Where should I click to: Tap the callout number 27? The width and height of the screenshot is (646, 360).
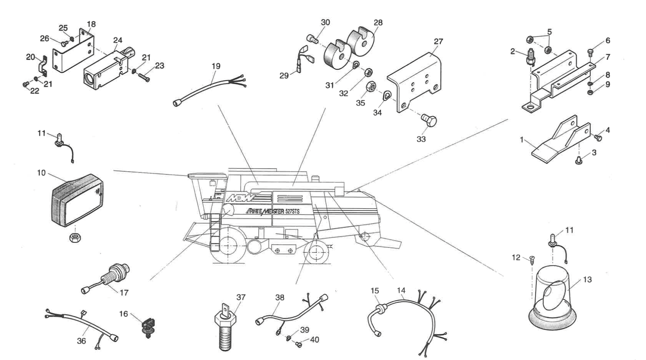click(x=439, y=42)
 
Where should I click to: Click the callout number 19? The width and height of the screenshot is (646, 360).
click(x=216, y=66)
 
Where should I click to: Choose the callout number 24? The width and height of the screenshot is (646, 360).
click(x=117, y=40)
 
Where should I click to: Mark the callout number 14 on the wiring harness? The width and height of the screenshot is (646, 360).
click(x=401, y=291)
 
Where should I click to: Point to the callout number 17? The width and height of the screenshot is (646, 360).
click(x=124, y=293)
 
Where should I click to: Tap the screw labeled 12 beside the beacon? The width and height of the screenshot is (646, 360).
click(x=531, y=261)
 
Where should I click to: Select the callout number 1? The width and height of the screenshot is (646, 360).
click(x=522, y=140)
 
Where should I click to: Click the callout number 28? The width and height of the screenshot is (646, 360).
click(x=378, y=23)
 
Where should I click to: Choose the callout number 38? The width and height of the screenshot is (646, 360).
click(x=280, y=297)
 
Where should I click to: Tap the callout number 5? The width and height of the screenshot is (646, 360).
click(x=550, y=32)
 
